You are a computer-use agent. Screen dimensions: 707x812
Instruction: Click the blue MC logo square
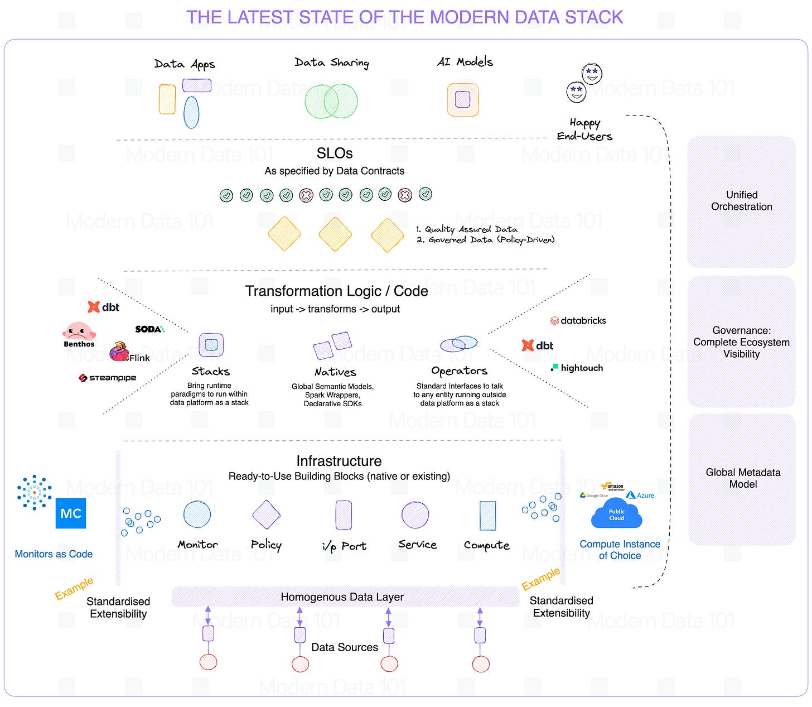click(x=71, y=513)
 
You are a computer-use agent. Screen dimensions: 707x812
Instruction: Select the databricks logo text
click(x=578, y=321)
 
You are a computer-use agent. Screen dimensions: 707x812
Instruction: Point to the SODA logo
click(x=149, y=329)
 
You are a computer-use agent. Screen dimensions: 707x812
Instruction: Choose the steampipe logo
click(x=107, y=378)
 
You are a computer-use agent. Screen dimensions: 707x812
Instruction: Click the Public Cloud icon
click(x=616, y=514)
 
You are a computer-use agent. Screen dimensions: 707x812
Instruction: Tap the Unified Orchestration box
click(x=741, y=201)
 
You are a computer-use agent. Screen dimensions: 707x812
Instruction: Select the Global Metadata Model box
click(x=742, y=479)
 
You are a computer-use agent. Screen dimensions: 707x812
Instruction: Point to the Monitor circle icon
click(x=197, y=514)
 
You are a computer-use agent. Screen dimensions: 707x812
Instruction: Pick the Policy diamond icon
click(x=266, y=514)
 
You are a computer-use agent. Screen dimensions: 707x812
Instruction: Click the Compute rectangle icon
click(x=487, y=515)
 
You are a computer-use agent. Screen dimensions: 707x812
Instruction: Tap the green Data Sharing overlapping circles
click(x=331, y=101)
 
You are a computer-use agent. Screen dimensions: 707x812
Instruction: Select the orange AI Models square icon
click(x=463, y=100)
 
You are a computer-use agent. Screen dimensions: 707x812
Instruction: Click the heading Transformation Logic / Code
click(x=336, y=291)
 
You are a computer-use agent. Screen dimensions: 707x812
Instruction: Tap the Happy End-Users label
click(x=584, y=129)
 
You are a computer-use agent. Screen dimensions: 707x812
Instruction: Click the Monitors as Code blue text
click(x=54, y=554)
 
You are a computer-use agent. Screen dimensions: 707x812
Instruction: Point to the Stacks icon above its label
click(x=211, y=345)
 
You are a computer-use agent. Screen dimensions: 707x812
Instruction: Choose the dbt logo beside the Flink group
click(x=104, y=307)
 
